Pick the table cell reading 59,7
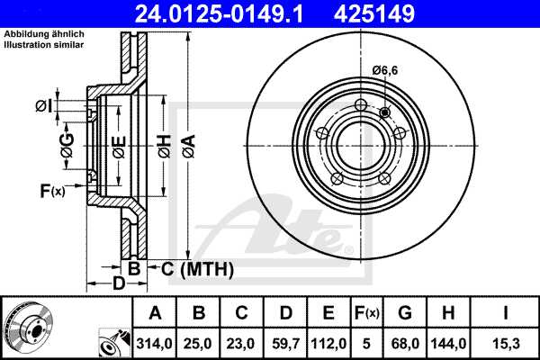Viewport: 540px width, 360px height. (286, 342)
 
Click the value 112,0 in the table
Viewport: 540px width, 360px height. (329, 342)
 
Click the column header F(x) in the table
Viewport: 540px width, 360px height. (367, 314)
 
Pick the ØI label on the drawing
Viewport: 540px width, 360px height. (43, 107)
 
